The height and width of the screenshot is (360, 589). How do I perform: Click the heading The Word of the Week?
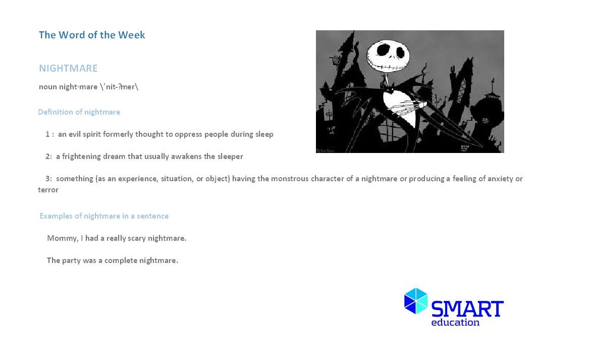tap(92, 35)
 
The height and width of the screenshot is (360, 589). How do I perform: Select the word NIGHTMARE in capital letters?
tap(68, 68)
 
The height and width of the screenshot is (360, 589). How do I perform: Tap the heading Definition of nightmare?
tap(79, 112)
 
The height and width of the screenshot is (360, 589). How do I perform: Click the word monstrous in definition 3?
tap(290, 179)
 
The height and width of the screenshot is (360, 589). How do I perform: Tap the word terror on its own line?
tap(48, 190)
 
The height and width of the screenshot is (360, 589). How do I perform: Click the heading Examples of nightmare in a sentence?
tap(104, 216)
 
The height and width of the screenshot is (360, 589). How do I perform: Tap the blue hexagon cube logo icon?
tap(416, 301)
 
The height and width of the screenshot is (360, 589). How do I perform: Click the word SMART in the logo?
tap(467, 308)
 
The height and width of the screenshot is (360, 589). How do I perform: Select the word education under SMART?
tap(455, 323)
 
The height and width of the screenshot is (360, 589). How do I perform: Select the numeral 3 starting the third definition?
tap(48, 179)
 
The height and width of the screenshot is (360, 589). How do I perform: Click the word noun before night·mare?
tap(48, 87)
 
